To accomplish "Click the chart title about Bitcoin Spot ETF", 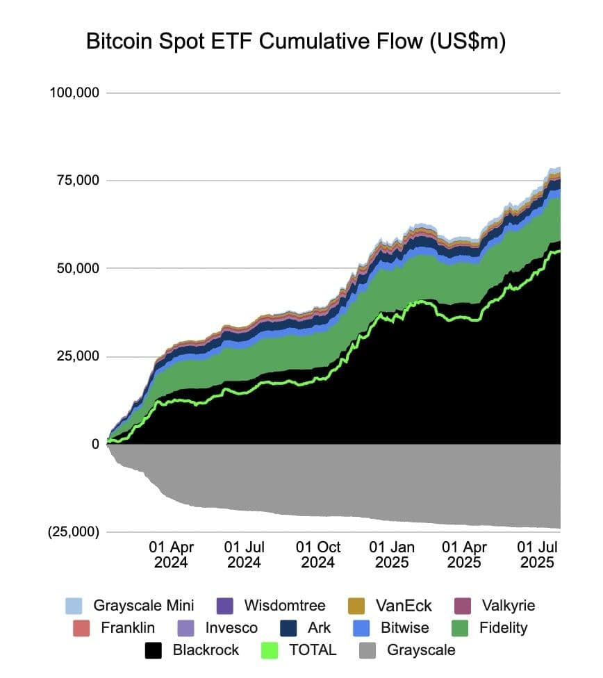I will coord(296,41).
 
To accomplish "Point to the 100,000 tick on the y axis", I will coord(74,93).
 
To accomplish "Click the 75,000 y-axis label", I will coord(78,181).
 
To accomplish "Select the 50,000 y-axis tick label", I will coord(78,269).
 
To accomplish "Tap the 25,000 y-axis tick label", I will coord(78,356).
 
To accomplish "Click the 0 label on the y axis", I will coord(94,445).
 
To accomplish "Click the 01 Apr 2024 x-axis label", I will coord(171,554).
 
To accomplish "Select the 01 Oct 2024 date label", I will coord(317,554).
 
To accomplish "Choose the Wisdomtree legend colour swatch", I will coord(225,605).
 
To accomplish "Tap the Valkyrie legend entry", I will coord(508,605).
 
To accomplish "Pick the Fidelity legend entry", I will coord(503,628).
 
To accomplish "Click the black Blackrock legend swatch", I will coord(154,650).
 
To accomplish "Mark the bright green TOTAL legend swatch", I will coord(272,650).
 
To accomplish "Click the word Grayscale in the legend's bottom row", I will coord(421,650).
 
